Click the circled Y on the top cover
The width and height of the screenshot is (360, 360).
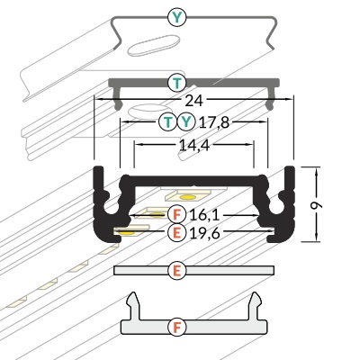click(177, 18)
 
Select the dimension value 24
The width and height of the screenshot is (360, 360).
click(193, 101)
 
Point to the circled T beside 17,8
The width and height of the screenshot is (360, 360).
click(168, 121)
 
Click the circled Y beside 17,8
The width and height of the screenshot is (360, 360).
click(186, 121)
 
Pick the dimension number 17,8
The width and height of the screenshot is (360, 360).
click(214, 122)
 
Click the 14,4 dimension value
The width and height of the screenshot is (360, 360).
click(194, 146)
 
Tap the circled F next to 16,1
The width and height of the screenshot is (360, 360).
click(177, 215)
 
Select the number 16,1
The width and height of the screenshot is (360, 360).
click(205, 215)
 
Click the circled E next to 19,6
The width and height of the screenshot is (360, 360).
click(177, 232)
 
